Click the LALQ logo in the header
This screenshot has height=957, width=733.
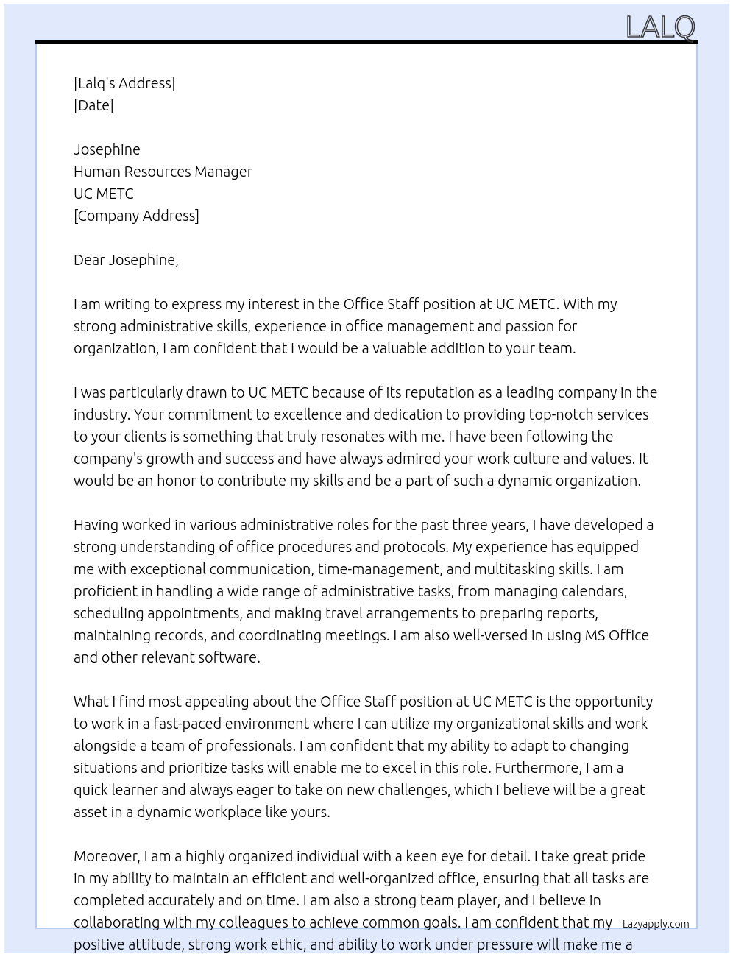coord(660,27)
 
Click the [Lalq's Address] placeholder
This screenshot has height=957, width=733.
coord(124,83)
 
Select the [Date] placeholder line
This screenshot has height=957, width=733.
coord(93,105)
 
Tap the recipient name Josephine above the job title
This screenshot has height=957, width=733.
coord(107,149)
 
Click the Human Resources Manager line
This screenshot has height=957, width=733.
coord(163,172)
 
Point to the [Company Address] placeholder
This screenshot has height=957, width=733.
coord(136,216)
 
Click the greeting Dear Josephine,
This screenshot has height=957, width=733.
coord(126,260)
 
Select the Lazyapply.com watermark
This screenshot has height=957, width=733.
coord(656,924)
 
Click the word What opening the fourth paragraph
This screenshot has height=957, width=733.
coord(90,702)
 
